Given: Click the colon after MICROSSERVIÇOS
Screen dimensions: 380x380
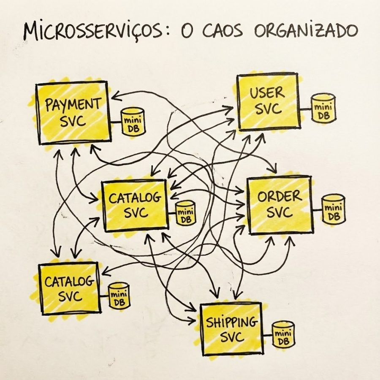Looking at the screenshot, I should tap(174, 32).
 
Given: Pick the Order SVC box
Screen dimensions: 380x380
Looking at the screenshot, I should tap(280, 205).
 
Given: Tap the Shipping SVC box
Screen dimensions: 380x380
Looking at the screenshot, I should tap(231, 329).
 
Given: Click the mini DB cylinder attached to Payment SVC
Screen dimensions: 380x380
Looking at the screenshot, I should tap(133, 122).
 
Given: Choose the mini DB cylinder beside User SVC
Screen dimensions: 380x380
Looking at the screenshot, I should tap(323, 109).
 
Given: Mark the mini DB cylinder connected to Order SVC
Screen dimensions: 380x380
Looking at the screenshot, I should tap(334, 209).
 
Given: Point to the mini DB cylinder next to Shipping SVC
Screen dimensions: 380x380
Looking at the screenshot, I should tap(283, 334).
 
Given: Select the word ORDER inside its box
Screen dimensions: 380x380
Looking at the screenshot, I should tap(280, 196).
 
